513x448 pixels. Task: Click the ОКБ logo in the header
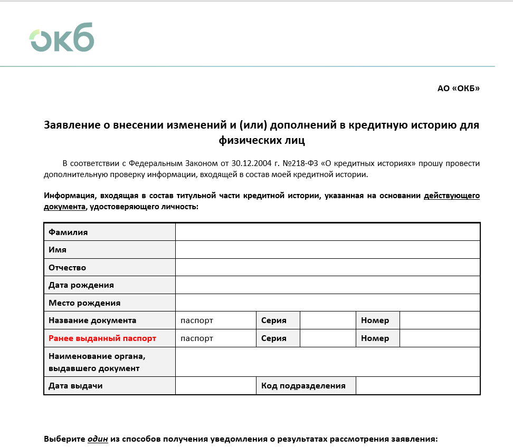(x=62, y=37)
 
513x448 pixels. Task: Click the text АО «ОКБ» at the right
(x=458, y=89)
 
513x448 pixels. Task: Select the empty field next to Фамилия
(x=327, y=232)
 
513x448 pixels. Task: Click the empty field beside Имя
(x=327, y=250)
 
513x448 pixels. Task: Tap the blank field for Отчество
(x=327, y=268)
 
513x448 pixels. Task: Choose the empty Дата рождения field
(x=327, y=285)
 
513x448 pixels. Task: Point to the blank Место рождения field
(x=327, y=303)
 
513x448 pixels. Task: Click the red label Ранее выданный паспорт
(x=102, y=338)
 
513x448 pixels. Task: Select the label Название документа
(x=92, y=320)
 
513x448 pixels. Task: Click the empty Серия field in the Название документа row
(x=328, y=320)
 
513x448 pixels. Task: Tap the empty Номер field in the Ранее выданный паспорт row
(x=440, y=338)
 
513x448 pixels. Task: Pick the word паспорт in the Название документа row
(x=197, y=320)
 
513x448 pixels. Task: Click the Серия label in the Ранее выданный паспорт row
(x=274, y=338)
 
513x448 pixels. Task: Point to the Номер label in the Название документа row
(x=375, y=320)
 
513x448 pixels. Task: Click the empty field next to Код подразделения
(x=417, y=386)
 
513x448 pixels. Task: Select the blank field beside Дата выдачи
(x=215, y=386)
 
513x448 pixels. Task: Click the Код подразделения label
(x=303, y=386)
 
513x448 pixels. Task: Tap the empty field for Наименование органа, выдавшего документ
(x=327, y=362)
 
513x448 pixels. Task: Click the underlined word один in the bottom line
(x=98, y=439)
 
